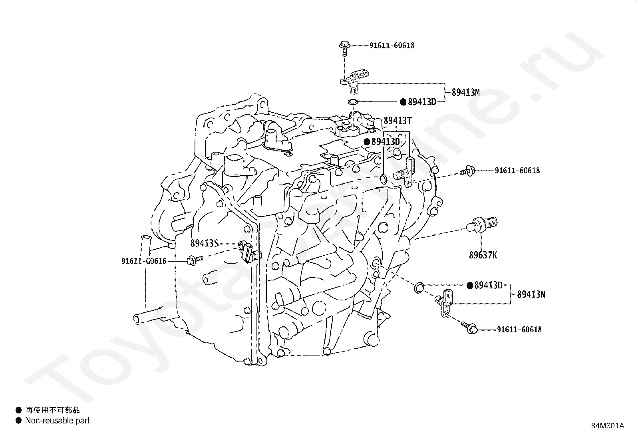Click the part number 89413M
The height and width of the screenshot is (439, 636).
(465, 92)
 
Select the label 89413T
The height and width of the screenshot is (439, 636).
(397, 121)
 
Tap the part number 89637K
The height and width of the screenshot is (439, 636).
(483, 255)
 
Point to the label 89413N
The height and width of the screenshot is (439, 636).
(531, 294)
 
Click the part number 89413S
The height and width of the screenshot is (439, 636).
(204, 243)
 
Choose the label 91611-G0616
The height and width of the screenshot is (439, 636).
(144, 261)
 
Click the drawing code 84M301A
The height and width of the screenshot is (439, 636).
(608, 426)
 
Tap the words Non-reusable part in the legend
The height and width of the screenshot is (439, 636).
(57, 421)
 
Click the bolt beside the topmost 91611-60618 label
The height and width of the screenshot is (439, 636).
(344, 46)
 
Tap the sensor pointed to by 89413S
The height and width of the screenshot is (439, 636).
(247, 252)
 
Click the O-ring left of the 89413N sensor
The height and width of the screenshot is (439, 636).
(419, 286)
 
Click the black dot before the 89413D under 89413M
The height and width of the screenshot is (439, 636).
(403, 102)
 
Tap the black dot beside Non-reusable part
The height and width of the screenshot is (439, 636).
(18, 421)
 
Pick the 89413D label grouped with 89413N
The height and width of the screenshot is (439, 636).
(488, 285)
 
